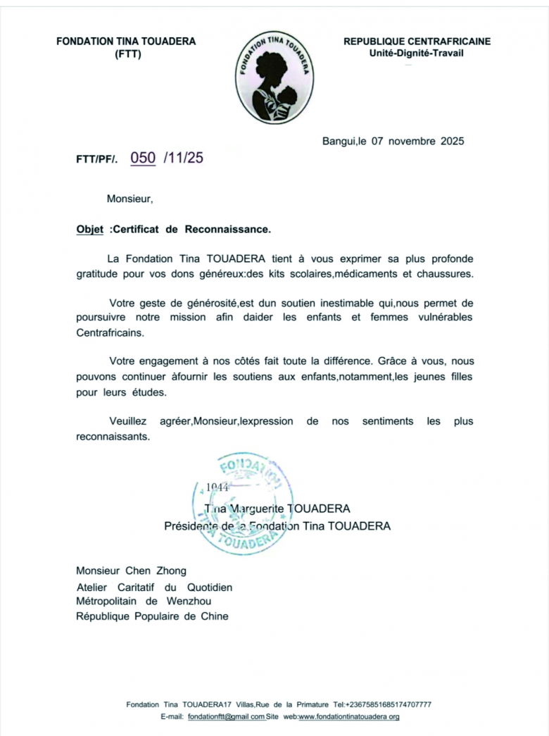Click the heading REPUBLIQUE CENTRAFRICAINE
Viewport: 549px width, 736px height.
(x=417, y=42)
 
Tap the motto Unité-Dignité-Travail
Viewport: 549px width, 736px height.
(x=417, y=54)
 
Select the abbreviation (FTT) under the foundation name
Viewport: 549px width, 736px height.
(x=127, y=54)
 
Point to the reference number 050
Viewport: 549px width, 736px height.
(x=144, y=158)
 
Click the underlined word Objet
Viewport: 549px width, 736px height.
(x=89, y=230)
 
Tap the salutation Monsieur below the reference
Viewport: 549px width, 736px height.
(x=129, y=199)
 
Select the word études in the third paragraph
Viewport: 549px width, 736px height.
(x=148, y=392)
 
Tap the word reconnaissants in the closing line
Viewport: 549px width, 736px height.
(x=113, y=436)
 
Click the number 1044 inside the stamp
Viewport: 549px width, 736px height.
(x=217, y=487)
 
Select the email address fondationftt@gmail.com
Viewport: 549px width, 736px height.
(x=226, y=717)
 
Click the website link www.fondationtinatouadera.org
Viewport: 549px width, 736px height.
(x=350, y=717)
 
